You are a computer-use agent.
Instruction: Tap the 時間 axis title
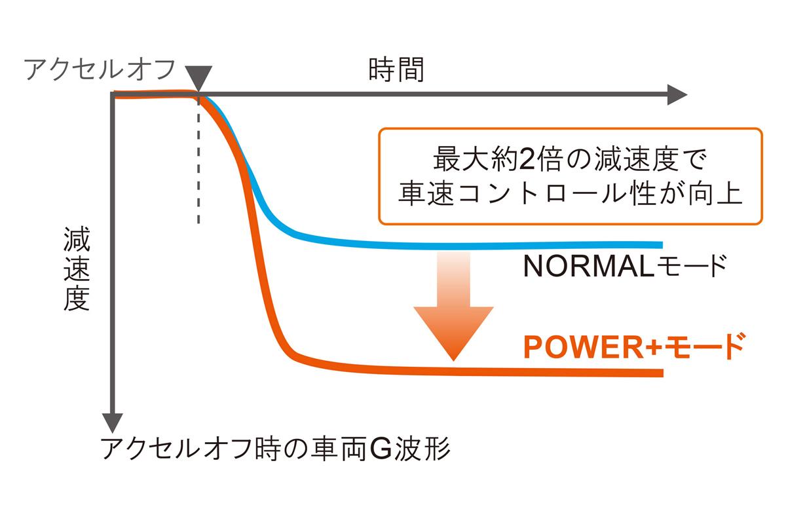(x=396, y=69)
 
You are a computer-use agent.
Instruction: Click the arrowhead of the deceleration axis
(x=114, y=422)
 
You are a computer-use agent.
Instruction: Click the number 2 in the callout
(x=523, y=158)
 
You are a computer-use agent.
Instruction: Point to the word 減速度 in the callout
(x=635, y=158)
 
